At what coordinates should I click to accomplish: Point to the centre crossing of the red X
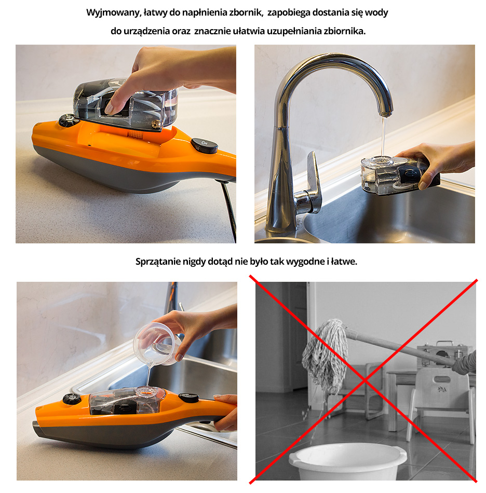tap(365, 380)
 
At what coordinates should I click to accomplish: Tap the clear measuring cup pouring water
tap(156, 344)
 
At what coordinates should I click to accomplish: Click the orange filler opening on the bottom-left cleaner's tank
tap(146, 392)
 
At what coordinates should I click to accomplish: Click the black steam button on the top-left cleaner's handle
tap(204, 146)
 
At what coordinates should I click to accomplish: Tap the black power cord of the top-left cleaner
tap(229, 211)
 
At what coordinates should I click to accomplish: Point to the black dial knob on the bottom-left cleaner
tap(72, 399)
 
